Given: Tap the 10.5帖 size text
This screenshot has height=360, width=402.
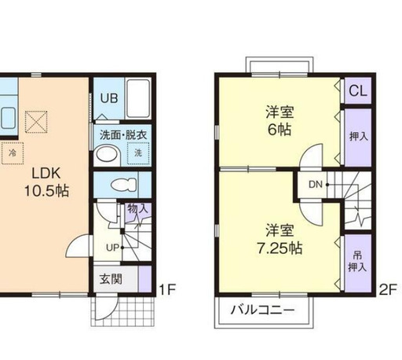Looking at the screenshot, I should pyautogui.click(x=44, y=190).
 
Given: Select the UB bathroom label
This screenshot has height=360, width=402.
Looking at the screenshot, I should pyautogui.click(x=108, y=99).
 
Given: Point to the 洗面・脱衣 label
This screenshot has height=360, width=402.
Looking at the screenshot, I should pyautogui.click(x=122, y=134).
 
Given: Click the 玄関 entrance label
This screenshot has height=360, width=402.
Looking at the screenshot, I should pyautogui.click(x=111, y=278).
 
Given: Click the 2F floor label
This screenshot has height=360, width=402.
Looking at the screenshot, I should pyautogui.click(x=387, y=288).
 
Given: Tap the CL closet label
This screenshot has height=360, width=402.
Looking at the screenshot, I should pyautogui.click(x=357, y=90).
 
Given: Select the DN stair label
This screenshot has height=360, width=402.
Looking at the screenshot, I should pyautogui.click(x=315, y=186).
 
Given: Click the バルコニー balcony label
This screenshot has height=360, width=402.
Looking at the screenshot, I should pyautogui.click(x=262, y=310).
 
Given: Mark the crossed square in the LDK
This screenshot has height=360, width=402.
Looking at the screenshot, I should pyautogui.click(x=35, y=122).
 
